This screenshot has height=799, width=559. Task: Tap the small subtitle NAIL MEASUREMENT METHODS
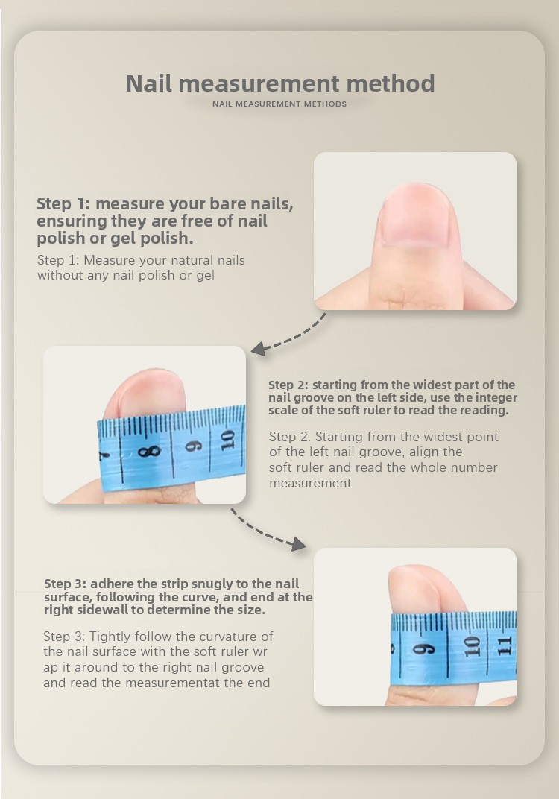(279, 104)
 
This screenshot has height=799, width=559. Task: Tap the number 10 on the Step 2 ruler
(227, 440)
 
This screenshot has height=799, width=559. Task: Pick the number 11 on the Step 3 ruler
(504, 645)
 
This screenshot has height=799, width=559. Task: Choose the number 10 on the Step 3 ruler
(472, 646)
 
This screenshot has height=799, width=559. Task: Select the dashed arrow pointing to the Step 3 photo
(267, 531)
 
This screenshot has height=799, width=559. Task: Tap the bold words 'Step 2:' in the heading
(288, 385)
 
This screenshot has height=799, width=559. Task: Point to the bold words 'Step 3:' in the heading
(65, 584)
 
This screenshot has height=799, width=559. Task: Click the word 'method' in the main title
(391, 83)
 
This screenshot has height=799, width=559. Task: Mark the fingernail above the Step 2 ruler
(145, 392)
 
